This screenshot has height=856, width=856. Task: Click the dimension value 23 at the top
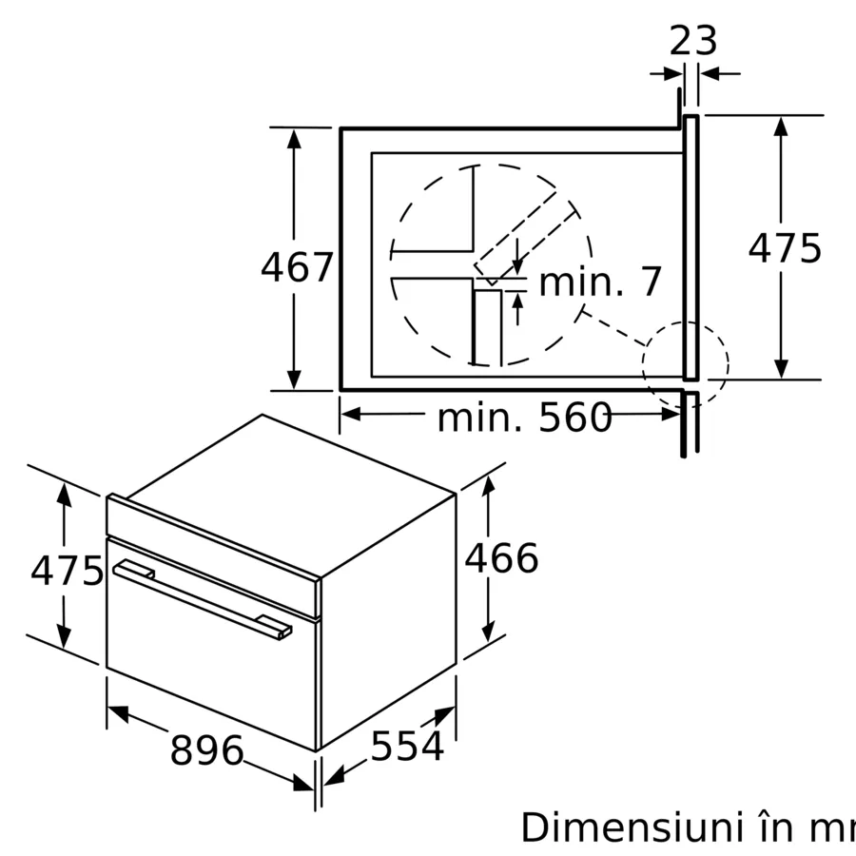tap(693, 41)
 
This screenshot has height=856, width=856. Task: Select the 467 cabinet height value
tap(297, 267)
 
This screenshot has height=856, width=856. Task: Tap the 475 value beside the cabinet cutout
tap(784, 249)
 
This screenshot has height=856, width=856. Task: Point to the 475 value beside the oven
tap(67, 571)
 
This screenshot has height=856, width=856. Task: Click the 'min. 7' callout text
tap(599, 282)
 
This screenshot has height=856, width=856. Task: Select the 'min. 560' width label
tap(524, 418)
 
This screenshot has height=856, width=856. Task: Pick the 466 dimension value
tap(501, 558)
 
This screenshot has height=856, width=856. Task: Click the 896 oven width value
tap(206, 750)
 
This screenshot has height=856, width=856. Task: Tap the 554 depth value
tap(407, 747)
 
